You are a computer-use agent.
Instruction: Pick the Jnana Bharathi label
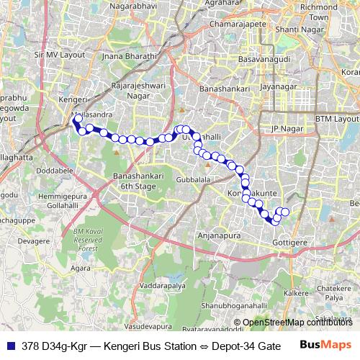(x=129, y=55)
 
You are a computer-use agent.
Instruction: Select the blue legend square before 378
(x=10, y=346)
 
